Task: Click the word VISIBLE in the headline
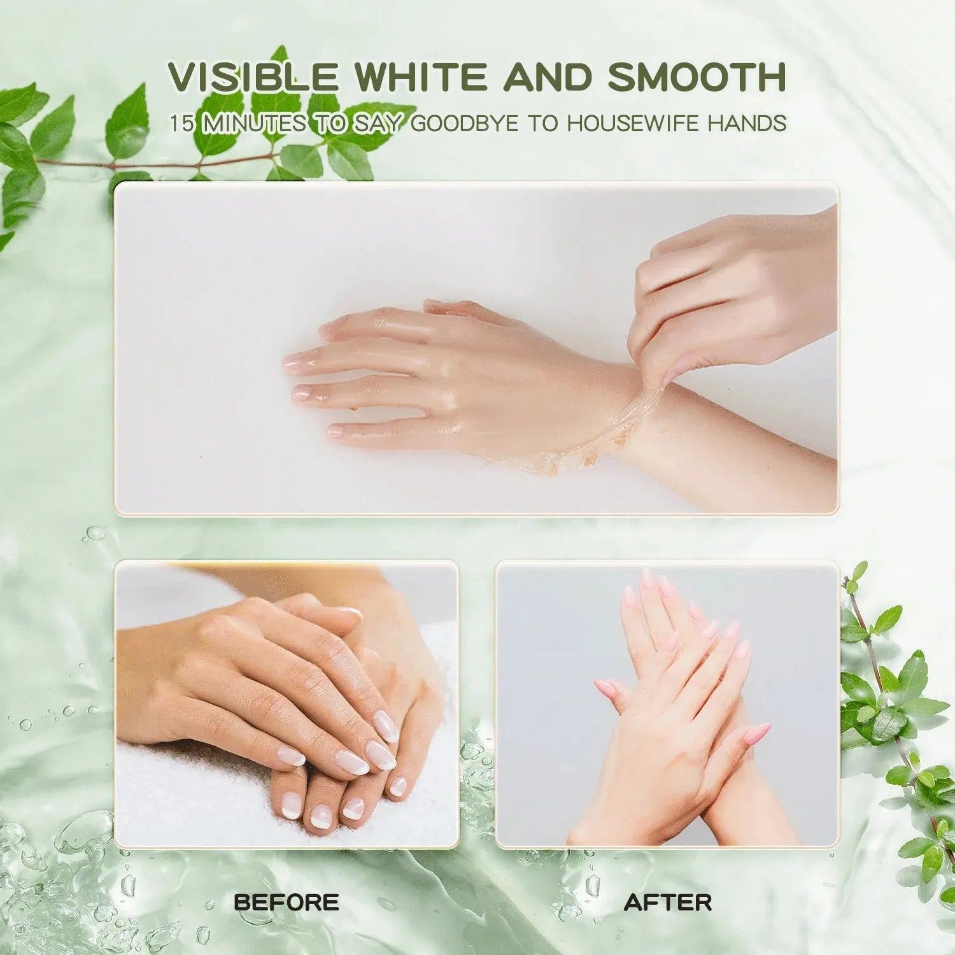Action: point(253,76)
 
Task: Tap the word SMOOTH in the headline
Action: point(697,76)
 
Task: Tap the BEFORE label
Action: point(286,902)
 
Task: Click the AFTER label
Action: point(668,902)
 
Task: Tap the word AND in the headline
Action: point(547,76)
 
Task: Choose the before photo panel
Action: point(286,704)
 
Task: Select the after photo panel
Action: point(667,704)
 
